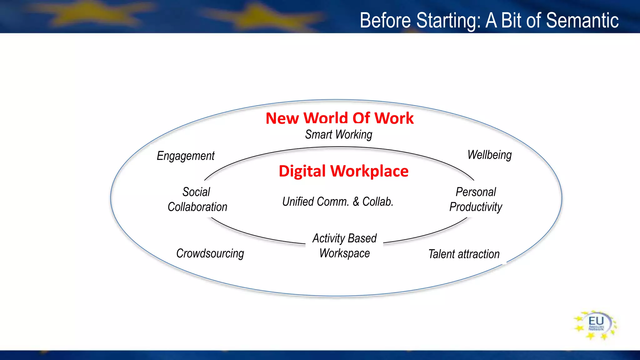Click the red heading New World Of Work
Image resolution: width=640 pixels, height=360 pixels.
340,118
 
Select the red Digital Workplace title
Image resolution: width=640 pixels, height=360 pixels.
343,171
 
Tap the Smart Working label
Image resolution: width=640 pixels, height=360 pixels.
339,135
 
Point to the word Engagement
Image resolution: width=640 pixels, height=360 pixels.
186,156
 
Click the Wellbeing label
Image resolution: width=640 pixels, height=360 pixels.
489,155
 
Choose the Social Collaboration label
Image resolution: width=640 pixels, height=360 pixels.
197,199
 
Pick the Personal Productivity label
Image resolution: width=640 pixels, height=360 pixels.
476,199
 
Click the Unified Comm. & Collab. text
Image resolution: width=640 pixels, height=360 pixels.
337,202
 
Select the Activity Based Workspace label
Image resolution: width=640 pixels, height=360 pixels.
344,246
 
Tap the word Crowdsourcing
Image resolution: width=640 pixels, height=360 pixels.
210,253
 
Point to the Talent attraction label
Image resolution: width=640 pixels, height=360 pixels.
464,254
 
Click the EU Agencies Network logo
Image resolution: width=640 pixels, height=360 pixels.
596,325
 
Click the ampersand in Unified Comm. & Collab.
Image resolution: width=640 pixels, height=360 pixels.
356,202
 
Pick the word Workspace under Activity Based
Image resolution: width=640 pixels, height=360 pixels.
344,253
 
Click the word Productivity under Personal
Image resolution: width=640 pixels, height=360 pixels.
476,207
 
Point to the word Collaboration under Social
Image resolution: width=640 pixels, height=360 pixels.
197,207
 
